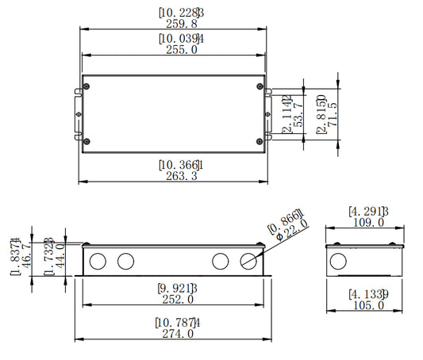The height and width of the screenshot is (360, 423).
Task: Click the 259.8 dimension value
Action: [182, 24]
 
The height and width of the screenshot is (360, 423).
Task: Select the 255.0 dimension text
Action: [182, 50]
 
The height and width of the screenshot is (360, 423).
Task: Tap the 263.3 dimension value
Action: [182, 176]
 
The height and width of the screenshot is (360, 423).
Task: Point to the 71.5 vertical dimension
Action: [333, 114]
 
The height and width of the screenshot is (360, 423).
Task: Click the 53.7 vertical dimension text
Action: [298, 114]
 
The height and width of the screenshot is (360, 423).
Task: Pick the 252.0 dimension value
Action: [178, 300]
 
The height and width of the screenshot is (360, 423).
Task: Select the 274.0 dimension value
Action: [178, 334]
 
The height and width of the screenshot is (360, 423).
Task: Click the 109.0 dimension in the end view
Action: [368, 223]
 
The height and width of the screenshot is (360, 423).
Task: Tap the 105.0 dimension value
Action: [368, 305]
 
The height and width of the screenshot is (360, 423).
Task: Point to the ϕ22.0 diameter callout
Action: [292, 230]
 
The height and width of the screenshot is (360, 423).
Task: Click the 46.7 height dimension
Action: [26, 255]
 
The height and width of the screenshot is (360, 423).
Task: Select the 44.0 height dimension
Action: [60, 255]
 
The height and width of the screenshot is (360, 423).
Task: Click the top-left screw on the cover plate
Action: [87, 86]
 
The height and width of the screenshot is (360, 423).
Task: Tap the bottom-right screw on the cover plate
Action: [260, 141]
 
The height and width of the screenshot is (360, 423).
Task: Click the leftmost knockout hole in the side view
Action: [98, 261]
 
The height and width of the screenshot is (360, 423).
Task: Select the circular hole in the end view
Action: [338, 261]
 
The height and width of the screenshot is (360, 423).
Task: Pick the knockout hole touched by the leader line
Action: [248, 261]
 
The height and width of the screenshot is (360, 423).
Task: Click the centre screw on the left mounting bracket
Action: [79, 114]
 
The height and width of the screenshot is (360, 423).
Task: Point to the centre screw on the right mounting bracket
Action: [267, 114]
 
